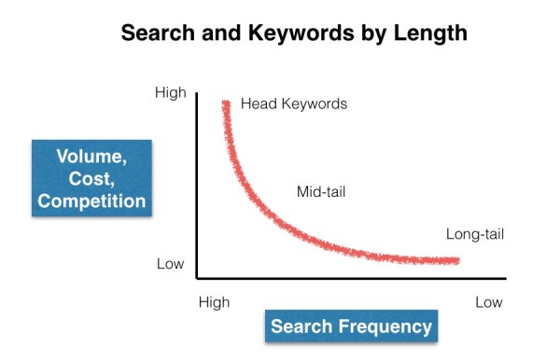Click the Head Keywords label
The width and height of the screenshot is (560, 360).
pos(294,104)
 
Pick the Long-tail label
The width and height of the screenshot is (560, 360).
pos(475,234)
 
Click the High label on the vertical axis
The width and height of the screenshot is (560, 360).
pos(171,93)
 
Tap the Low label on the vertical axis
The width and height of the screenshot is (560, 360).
pos(170,264)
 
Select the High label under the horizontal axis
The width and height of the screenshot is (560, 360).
pos(215,302)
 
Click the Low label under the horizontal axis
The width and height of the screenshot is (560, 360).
pos(488,302)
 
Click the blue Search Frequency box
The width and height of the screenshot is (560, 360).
pos(351,326)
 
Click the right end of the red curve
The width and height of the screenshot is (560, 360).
pos(457,260)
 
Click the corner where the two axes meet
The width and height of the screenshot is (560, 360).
pos(196,277)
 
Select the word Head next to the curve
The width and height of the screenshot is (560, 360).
pos(258,104)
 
